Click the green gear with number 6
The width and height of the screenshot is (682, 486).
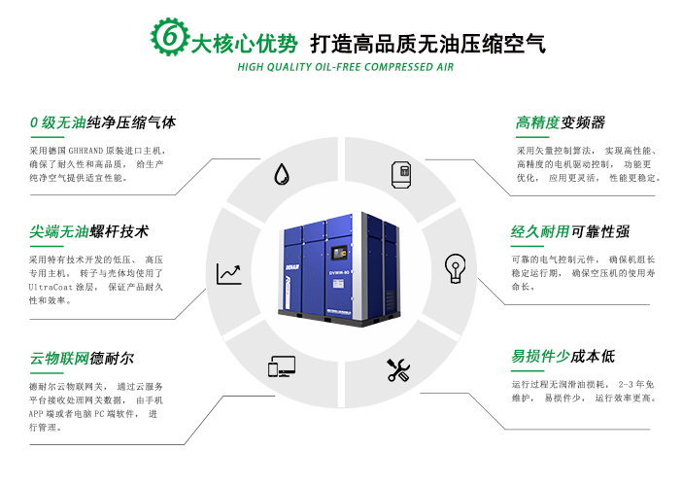170,37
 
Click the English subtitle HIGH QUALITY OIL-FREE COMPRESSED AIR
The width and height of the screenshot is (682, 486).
345,67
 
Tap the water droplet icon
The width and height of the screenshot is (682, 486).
282,174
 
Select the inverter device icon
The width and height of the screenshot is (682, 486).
401,174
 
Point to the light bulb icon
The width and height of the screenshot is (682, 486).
456,268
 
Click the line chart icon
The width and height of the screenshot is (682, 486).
229,274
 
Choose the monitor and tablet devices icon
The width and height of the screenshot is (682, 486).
282,366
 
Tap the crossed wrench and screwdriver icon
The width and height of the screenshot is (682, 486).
398,370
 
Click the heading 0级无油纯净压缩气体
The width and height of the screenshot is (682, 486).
103,122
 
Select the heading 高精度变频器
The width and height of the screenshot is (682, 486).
561,122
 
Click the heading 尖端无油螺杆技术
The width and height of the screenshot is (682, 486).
89,231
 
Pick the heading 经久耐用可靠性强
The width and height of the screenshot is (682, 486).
570,231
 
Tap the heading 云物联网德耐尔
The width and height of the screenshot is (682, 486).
82,359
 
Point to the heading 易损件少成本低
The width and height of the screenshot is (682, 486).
563,357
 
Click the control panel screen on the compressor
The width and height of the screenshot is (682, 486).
339,253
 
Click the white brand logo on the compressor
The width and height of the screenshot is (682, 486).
292,266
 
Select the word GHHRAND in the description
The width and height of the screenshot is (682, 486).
85,151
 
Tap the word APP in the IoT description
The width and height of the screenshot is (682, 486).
36,414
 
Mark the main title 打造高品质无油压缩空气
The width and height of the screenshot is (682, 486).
428,44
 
